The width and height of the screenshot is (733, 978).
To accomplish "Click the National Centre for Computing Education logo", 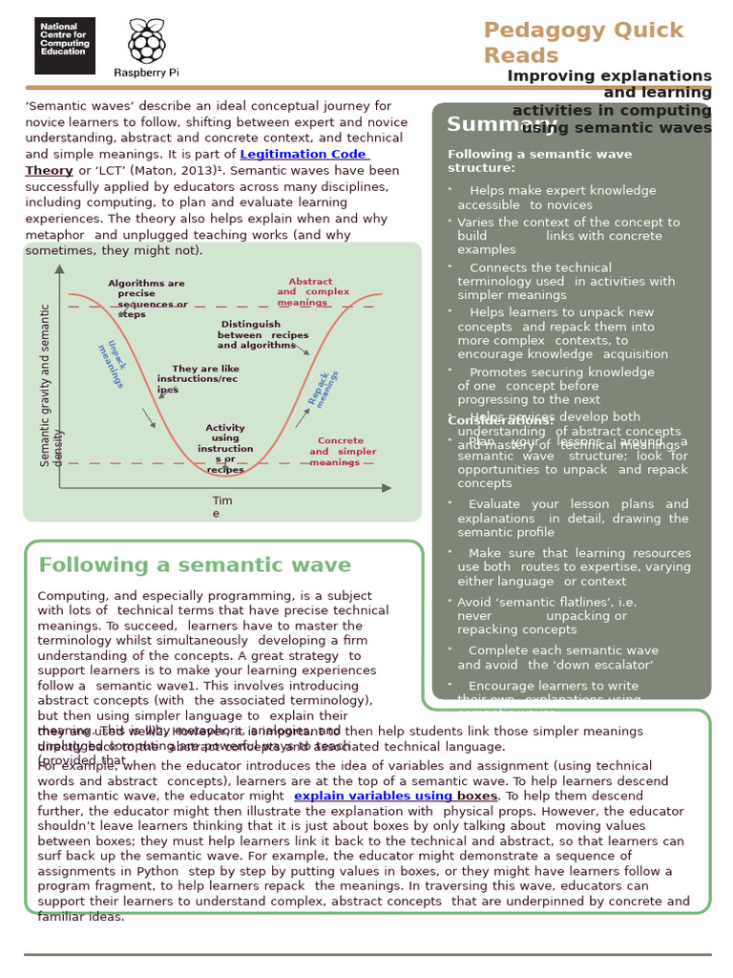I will pos(65,45).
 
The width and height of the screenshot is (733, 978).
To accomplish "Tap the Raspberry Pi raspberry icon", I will pos(147,41).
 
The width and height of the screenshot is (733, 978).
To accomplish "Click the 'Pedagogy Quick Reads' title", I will pos(583,42).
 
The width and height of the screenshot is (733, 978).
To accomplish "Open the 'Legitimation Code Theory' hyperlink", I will pos(304,154).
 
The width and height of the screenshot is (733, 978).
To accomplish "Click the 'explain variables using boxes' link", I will pos(395,797).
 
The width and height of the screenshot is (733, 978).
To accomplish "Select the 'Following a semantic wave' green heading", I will pos(195,565).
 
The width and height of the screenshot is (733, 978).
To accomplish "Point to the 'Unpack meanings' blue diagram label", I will pos(112,364).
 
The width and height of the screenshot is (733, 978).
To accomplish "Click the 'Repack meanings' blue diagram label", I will pos(323,389).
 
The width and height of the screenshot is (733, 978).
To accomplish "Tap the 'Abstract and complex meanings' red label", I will pos(312,291).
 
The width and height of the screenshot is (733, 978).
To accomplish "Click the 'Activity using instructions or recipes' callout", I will pos(225,449).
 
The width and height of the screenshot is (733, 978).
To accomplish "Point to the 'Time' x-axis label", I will pos(221,506).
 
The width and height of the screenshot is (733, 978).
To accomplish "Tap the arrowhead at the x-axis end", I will pos(387,488).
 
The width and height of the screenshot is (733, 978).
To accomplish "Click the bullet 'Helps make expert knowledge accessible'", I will pos(556,198).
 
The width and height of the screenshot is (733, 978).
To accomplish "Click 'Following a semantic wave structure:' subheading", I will pos(539,160).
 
